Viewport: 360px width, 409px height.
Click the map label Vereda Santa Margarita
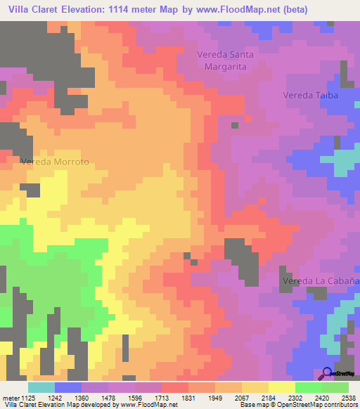click(225, 60)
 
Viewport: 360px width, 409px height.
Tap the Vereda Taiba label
click(311, 95)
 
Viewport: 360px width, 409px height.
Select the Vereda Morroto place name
click(55, 161)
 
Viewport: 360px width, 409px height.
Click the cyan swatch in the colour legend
click(41, 387)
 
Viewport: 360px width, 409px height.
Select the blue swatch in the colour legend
click(68, 387)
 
